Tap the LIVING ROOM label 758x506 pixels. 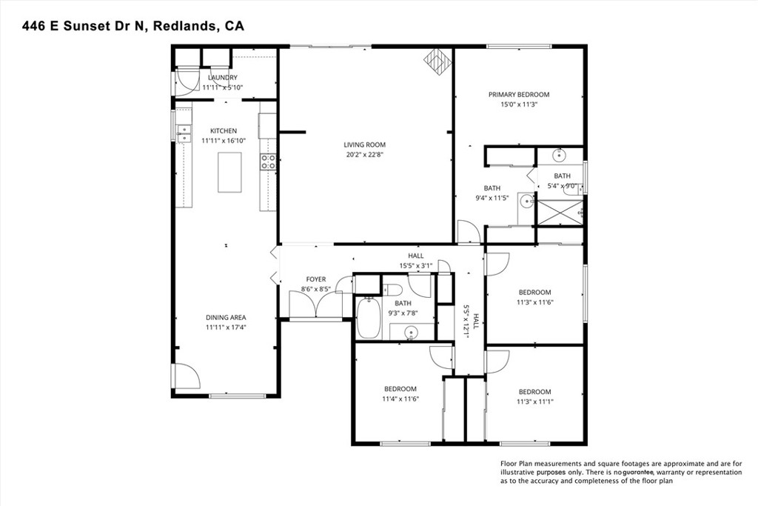coord(364,145)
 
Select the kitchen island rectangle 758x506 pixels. coord(229,172)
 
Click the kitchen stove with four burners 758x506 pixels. coord(268,162)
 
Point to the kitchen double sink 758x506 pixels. coord(184,133)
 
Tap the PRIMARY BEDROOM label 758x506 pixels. coord(518,95)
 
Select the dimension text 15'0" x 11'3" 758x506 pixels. coord(518,104)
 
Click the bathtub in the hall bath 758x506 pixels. coord(368,317)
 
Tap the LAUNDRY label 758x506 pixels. coord(223,78)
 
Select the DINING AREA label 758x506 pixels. coord(226,318)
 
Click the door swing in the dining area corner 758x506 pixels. coord(187,376)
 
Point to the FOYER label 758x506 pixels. coord(316,279)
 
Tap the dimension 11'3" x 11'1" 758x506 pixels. coord(534,402)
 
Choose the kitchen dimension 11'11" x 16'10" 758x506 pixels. coord(223,140)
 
